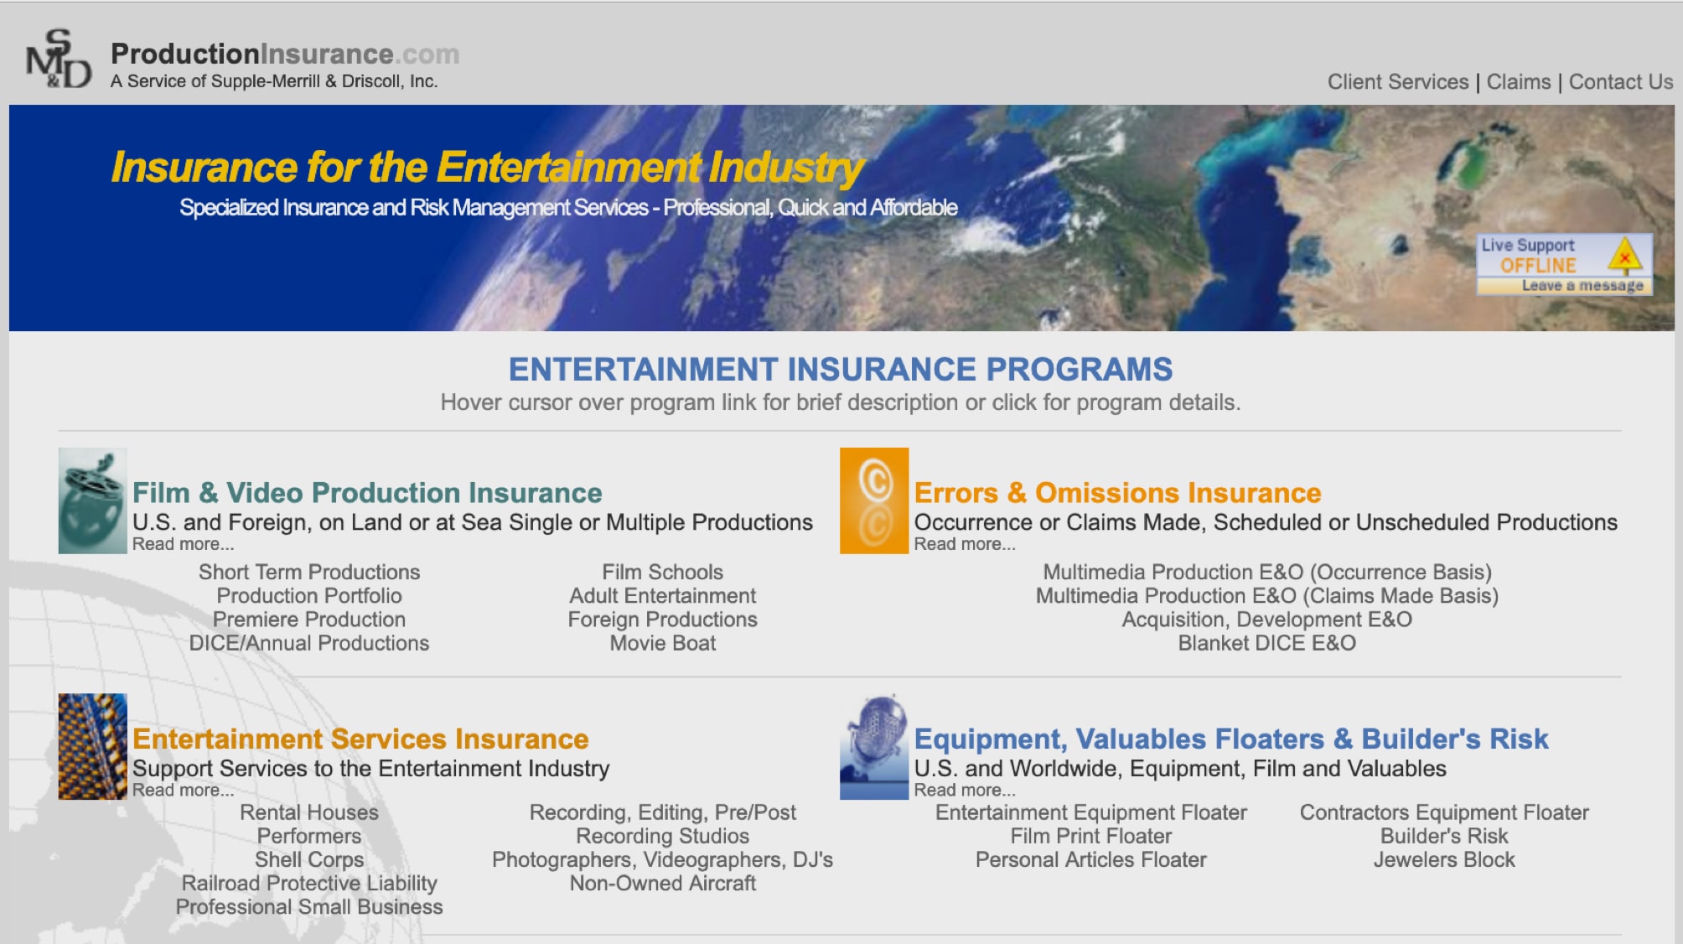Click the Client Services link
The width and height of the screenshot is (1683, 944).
pos(1397,82)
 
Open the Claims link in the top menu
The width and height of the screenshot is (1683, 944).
pos(1518,82)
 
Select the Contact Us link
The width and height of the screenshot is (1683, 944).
pos(1620,82)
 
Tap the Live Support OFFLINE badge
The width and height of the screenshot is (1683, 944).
pos(1564,265)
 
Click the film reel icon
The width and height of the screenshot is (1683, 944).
pos(92,501)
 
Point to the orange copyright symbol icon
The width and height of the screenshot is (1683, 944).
pos(874,501)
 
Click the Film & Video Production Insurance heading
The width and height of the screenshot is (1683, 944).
pos(367,493)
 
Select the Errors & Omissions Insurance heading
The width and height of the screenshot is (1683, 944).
pos(1117,493)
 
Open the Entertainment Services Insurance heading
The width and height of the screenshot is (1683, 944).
pos(360,739)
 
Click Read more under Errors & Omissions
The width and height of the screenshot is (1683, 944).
pos(964,544)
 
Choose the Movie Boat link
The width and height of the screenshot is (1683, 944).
pos(662,643)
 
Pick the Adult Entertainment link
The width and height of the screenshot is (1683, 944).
pos(662,596)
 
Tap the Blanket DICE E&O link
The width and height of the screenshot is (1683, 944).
pos(1266,643)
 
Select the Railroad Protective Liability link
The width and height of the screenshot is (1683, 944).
pos(309,884)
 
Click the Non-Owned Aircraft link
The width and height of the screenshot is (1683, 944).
pos(662,884)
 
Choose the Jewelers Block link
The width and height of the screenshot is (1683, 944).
pos(1443,860)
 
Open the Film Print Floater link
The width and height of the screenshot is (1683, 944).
pos(1090,837)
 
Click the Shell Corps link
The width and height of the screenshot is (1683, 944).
pos(309,860)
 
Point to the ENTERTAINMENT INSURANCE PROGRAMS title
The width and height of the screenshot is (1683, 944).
pos(840,370)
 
